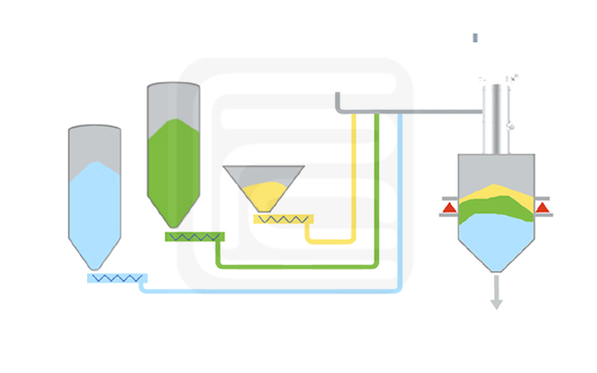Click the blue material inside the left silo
[95, 207]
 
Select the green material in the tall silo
[174, 170]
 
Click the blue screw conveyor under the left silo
[117, 277]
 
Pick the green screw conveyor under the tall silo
[194, 236]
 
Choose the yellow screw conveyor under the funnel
[283, 219]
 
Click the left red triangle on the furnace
[449, 208]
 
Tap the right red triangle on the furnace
[542, 208]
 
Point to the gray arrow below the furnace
[496, 294]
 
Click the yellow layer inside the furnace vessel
[496, 194]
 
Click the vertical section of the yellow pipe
[354, 175]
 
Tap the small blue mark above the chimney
[475, 38]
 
